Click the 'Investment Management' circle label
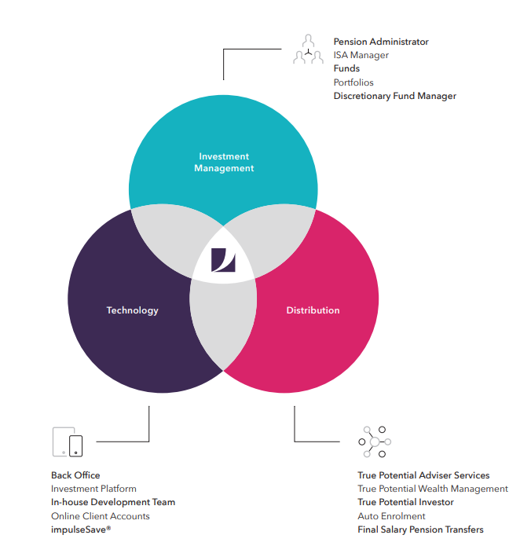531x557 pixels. (224, 162)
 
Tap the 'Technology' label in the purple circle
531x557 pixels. (132, 310)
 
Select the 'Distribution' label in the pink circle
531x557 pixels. (313, 310)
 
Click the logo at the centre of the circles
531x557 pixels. (223, 260)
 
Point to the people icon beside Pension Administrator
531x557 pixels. (308, 49)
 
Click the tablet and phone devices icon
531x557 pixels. (68, 442)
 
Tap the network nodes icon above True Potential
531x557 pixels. (375, 442)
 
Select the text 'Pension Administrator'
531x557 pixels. (381, 42)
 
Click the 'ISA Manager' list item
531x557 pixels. (361, 55)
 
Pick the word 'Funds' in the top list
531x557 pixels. (346, 68)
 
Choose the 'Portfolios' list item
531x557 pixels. (353, 82)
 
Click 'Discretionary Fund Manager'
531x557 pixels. (394, 96)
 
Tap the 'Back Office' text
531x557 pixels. (75, 475)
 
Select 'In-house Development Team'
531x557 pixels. (113, 502)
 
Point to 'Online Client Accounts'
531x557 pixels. (100, 516)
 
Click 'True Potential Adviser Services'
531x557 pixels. (423, 475)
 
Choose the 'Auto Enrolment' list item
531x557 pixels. (391, 516)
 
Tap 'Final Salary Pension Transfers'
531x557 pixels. (420, 530)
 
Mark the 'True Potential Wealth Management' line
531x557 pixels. (432, 489)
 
